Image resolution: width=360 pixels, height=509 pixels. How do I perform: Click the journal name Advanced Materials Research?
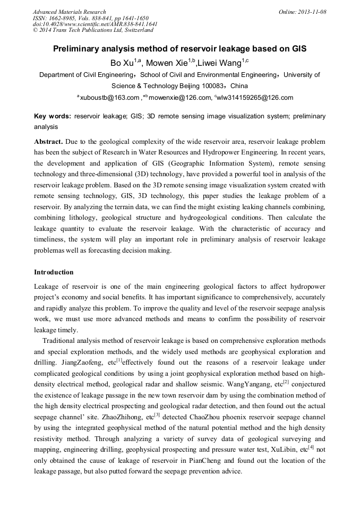(x=70, y=12)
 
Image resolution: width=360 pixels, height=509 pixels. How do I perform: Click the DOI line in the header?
(x=95, y=24)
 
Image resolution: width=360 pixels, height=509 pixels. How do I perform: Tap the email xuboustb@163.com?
(x=109, y=98)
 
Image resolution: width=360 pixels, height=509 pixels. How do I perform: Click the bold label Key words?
(x=53, y=116)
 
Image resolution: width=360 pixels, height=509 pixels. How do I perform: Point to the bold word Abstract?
(x=49, y=142)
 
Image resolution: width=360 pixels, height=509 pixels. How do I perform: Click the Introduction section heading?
(x=54, y=272)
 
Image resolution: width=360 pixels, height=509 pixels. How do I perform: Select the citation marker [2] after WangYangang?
(x=285, y=382)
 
